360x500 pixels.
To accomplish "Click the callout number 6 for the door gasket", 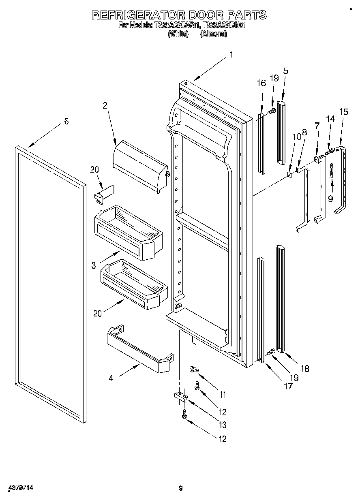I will [x=66, y=121].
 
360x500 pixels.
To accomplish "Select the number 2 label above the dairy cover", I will [x=105, y=106].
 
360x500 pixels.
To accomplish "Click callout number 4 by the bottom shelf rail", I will [x=111, y=378].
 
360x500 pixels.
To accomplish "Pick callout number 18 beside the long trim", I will [x=305, y=368].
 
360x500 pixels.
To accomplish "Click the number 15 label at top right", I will [x=343, y=112].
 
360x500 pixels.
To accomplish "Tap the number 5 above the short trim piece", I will [x=285, y=71].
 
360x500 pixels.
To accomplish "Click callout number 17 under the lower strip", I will [x=288, y=386].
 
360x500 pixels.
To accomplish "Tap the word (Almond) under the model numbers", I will [x=213, y=34].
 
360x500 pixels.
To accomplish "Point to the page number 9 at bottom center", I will [x=180, y=488].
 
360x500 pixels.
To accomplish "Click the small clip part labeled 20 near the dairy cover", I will [x=104, y=193].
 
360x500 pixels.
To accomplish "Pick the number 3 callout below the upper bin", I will [x=94, y=265].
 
